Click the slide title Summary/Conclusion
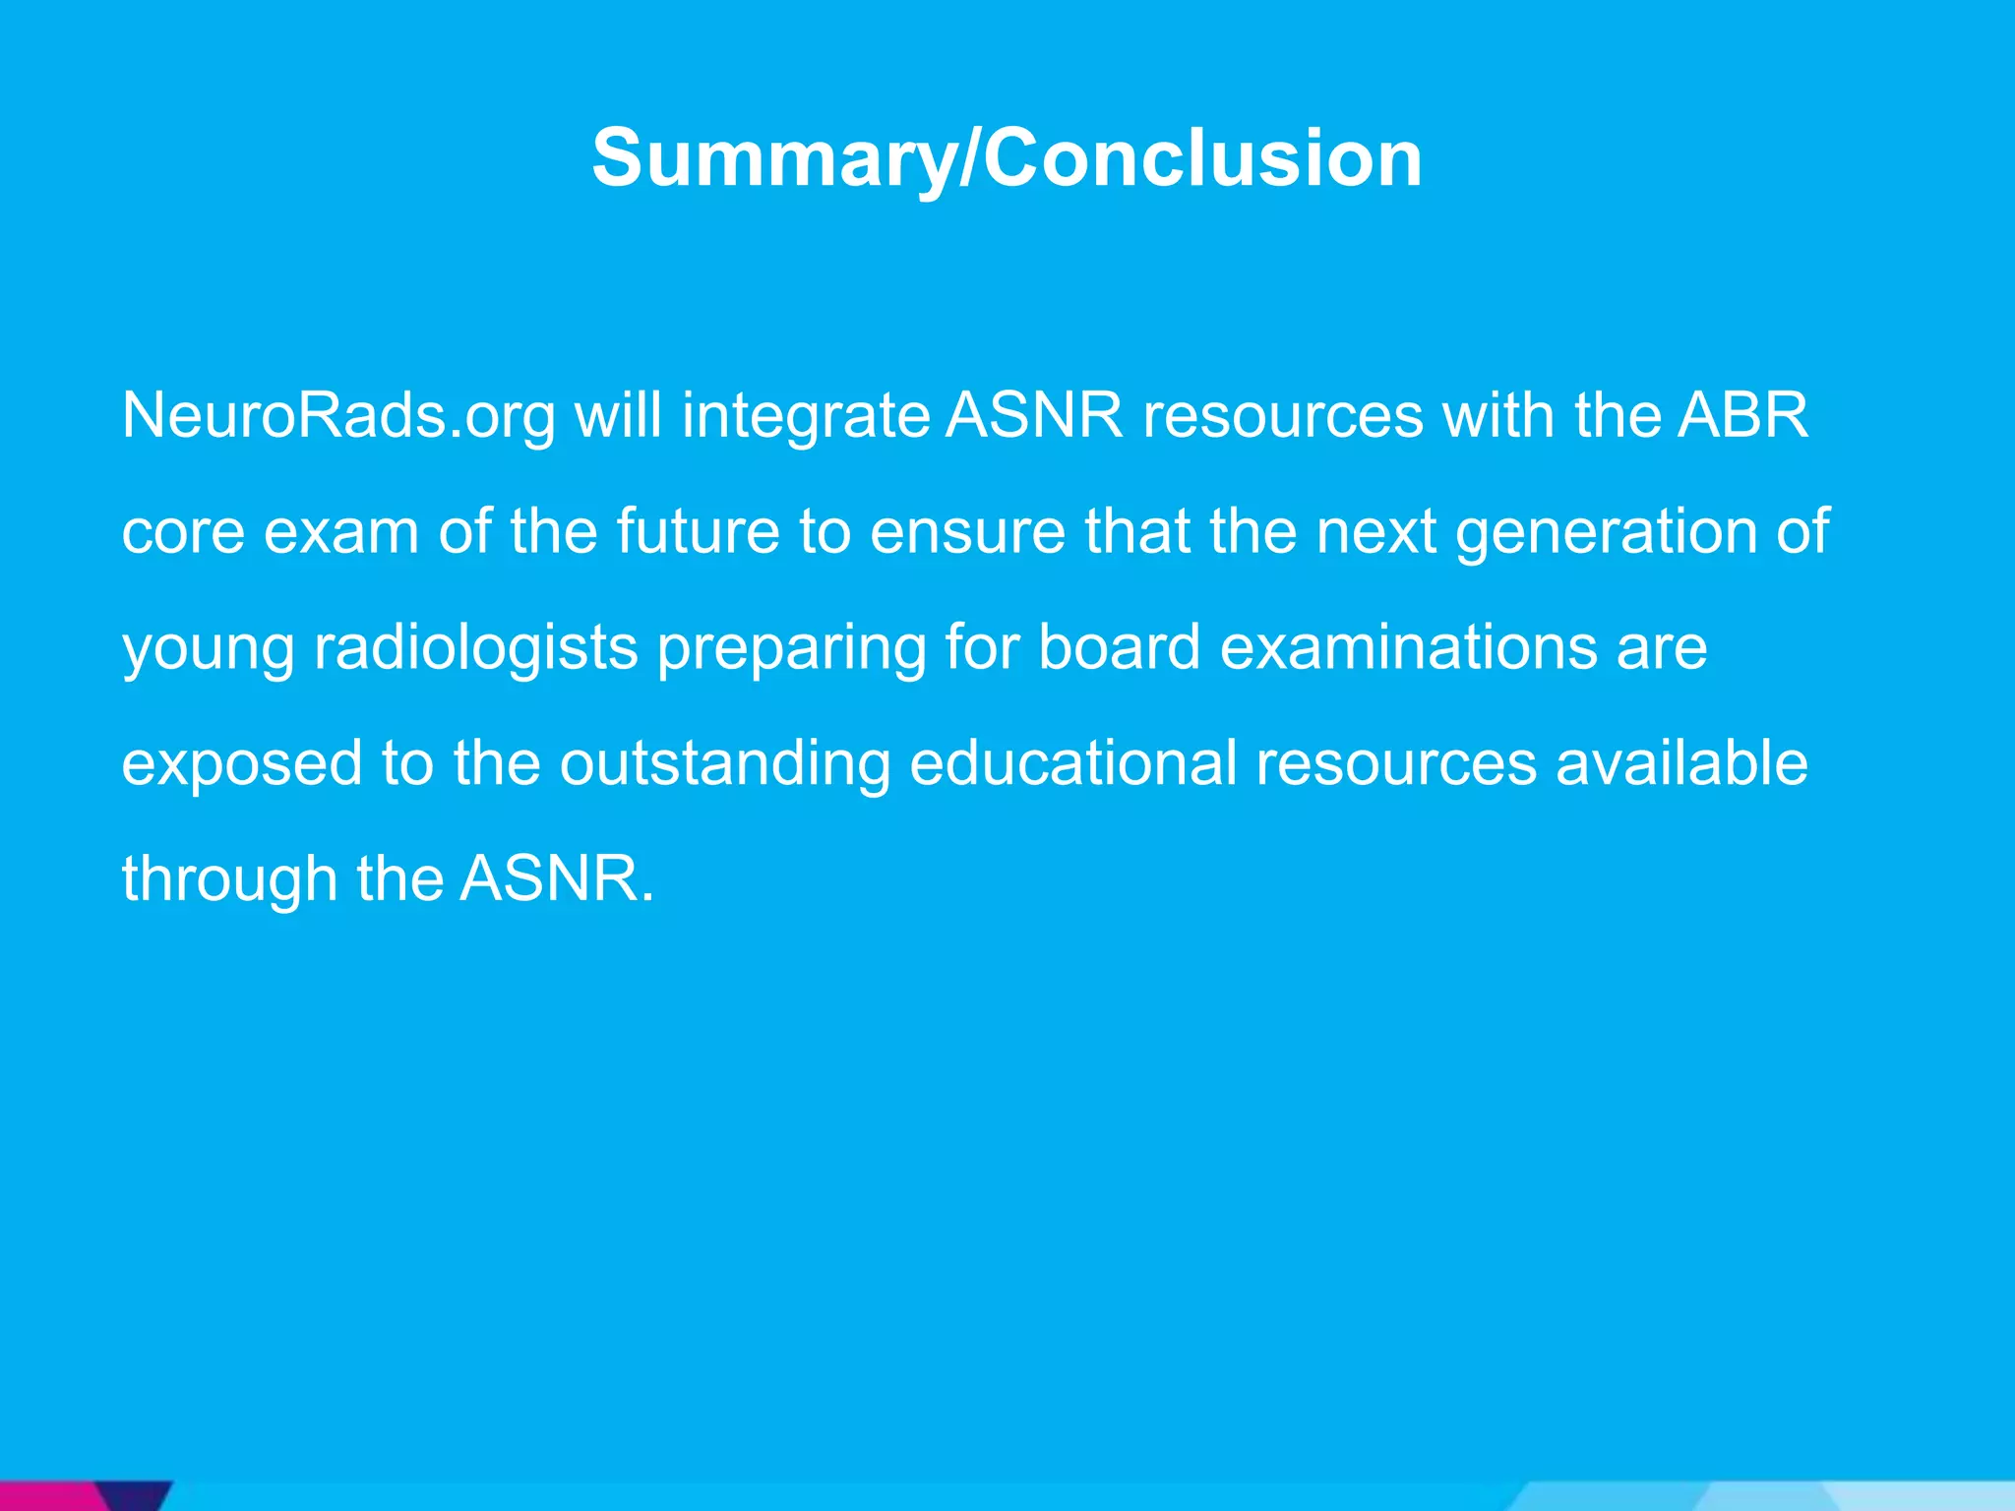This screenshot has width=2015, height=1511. pyautogui.click(x=1007, y=158)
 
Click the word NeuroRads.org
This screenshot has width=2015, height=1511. pyautogui.click(x=337, y=416)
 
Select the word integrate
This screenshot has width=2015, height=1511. pyautogui.click(x=806, y=416)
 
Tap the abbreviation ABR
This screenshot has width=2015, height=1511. pyautogui.click(x=1742, y=416)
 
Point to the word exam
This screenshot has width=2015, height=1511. pyautogui.click(x=341, y=532)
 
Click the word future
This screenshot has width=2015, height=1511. pyautogui.click(x=698, y=532)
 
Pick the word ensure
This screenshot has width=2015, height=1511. pyautogui.click(x=967, y=532)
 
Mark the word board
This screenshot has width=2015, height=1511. pyautogui.click(x=1119, y=647)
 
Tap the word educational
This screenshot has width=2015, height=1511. pyautogui.click(x=1072, y=763)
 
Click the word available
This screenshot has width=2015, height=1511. pyautogui.click(x=1680, y=763)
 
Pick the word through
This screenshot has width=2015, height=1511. pyautogui.click(x=229, y=879)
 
